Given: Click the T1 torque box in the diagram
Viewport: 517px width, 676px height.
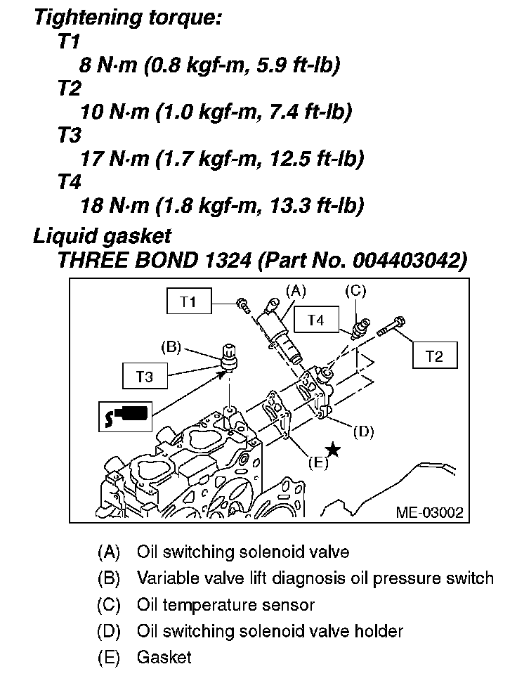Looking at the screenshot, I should (x=188, y=302).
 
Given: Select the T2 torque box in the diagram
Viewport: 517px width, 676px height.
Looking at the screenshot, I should (x=435, y=356).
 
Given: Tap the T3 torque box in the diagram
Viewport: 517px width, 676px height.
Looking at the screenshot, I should (x=145, y=376).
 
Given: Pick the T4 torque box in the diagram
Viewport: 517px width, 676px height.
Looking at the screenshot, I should (x=315, y=320).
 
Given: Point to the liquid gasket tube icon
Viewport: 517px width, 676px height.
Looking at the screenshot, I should (x=124, y=415).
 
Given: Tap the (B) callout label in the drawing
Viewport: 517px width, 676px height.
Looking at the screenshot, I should (x=171, y=346).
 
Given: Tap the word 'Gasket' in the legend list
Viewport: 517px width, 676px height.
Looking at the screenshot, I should (x=164, y=658).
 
